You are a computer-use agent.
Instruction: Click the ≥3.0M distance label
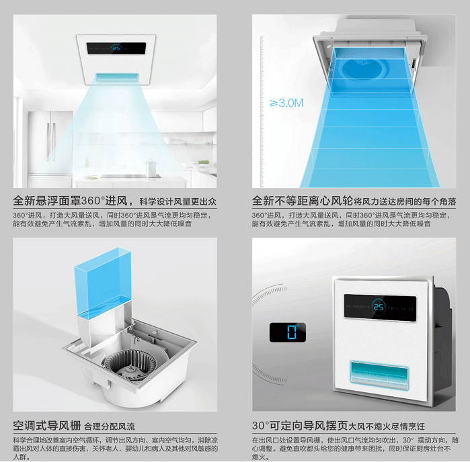pyautogui.click(x=286, y=103)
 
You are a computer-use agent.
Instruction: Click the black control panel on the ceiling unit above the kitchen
pyautogui.click(x=116, y=48)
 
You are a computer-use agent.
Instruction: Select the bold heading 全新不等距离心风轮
pyautogui.click(x=302, y=201)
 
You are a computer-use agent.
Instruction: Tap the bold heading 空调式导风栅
pyautogui.click(x=46, y=426)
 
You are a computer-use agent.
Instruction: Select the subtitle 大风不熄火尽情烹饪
pyautogui.click(x=391, y=427)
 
